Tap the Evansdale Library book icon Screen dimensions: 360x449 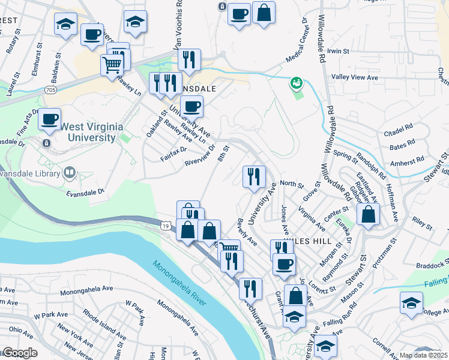(70, 174)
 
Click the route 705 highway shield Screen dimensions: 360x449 (50, 90)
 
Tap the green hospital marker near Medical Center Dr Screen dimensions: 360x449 (296, 83)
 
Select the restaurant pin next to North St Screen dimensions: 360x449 (253, 175)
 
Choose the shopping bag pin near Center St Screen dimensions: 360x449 (368, 214)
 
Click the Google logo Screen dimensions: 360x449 (20, 353)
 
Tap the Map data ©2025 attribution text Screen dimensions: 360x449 (424, 355)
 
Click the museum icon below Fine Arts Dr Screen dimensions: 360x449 (46, 143)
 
